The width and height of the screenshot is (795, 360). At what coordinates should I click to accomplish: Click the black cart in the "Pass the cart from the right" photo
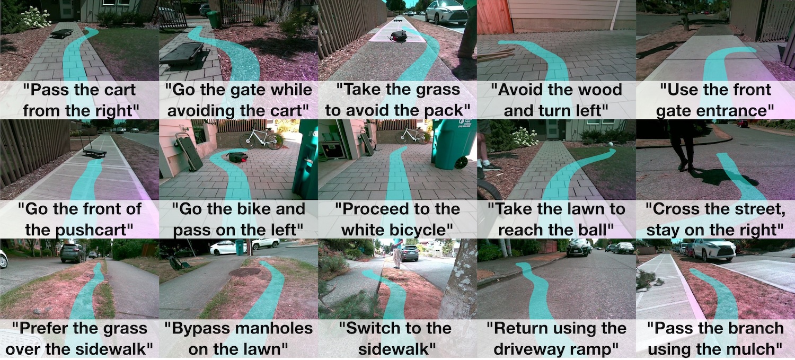coord(62,33)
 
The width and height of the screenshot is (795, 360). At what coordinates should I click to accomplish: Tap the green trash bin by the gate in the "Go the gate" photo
coord(214,19)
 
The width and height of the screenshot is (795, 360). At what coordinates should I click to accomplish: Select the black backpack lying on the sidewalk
coord(399,36)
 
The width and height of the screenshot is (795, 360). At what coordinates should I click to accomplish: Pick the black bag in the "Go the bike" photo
coord(238,157)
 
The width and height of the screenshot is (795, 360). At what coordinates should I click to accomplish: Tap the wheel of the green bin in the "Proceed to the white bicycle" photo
coord(461,162)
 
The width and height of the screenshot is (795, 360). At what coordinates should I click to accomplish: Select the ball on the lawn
coord(611,145)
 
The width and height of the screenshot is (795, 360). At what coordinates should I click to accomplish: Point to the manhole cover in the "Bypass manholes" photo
coord(245,273)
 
